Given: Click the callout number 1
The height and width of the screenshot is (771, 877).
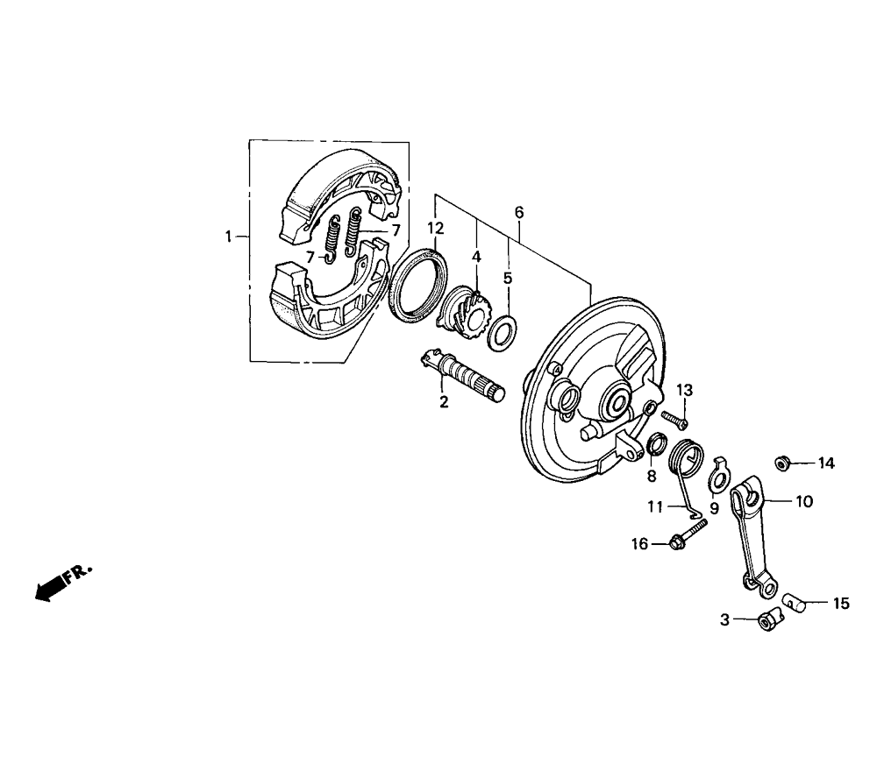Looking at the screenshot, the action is point(228,237).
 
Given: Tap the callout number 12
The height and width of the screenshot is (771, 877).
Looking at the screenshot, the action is point(436,228).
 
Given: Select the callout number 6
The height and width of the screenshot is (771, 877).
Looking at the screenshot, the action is point(519,212).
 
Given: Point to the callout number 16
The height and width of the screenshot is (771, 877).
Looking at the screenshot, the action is point(639,543).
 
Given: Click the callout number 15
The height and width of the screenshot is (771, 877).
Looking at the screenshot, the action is point(841,604).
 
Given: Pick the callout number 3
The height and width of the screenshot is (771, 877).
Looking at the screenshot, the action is point(725,620).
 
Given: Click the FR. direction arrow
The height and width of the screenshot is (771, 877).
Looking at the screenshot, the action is point(61,584).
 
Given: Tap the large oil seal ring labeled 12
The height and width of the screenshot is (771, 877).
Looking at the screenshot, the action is point(417,286).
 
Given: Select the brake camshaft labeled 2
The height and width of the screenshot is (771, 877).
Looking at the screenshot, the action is point(462,376).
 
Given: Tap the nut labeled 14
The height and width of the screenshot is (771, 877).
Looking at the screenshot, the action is point(782,463).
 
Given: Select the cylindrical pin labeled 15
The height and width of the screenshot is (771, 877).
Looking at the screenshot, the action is point(795,602).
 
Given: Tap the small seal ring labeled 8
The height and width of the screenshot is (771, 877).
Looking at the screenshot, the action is point(657,445).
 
